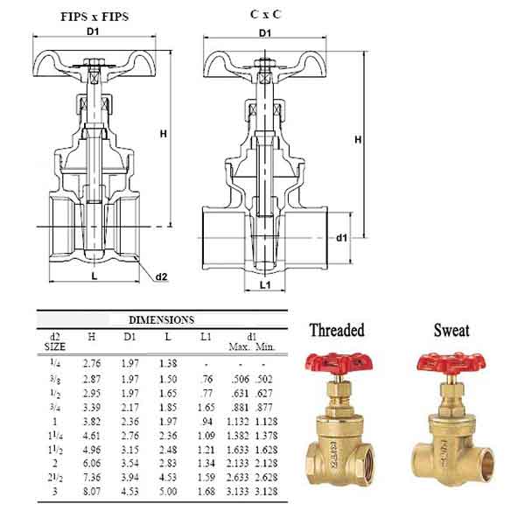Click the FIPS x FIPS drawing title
(94, 17)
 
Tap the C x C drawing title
(265, 14)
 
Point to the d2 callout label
(161, 276)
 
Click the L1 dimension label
(265, 285)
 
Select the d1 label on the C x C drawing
(341, 238)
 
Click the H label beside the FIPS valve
(163, 134)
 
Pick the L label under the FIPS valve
(94, 276)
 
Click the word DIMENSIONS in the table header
(161, 319)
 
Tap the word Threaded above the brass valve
(337, 330)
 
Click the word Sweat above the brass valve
(451, 330)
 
